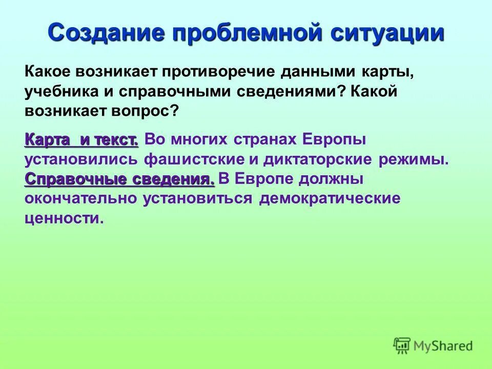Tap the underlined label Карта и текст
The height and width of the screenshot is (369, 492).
pos(81,139)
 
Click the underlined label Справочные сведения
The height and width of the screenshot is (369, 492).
pos(119,179)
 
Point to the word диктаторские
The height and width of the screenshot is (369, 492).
pos(318,159)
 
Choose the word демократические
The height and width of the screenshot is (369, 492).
pos(330,198)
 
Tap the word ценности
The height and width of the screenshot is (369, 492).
pos(64,219)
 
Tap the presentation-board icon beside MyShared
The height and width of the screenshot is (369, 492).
pos(402,346)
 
